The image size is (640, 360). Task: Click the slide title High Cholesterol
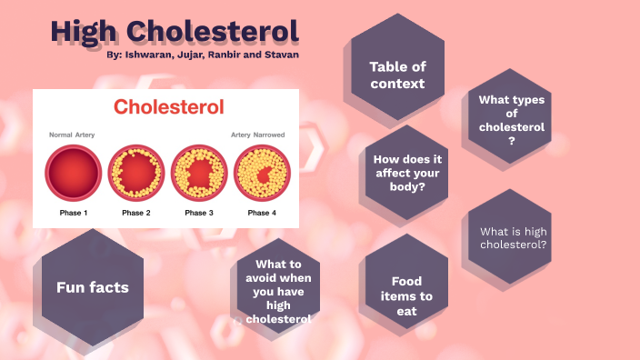[x=175, y=30]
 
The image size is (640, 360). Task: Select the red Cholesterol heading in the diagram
[x=168, y=107]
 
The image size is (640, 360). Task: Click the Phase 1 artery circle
[x=74, y=173]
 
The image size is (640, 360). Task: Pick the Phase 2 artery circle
[x=136, y=173]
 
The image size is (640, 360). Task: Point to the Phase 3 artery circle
[x=199, y=173]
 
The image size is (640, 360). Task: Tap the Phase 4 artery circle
[x=261, y=173]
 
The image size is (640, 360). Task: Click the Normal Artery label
[x=72, y=135]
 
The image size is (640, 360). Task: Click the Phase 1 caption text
[x=74, y=213]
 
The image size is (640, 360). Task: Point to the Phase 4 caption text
[x=261, y=213]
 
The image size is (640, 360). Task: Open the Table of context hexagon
[x=397, y=75]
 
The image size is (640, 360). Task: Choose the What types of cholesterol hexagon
[x=512, y=120]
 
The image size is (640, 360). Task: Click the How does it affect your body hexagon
[x=406, y=173]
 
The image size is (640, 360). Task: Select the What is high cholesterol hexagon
[x=513, y=238]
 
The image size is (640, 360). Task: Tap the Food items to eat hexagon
[x=405, y=295]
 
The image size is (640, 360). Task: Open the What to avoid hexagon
[x=278, y=291]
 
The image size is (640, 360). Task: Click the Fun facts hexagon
[x=93, y=287]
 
